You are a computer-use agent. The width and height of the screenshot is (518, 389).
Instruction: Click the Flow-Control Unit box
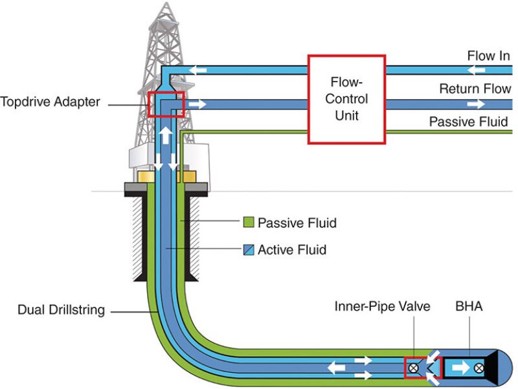pyautogui.click(x=346, y=98)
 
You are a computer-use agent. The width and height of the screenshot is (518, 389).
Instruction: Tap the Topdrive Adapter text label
pyautogui.click(x=51, y=102)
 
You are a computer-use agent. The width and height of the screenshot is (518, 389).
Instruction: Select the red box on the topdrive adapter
pyautogui.click(x=166, y=104)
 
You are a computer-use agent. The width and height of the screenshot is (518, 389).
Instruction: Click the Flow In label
pyautogui.click(x=488, y=56)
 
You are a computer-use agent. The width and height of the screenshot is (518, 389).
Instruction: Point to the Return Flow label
pyautogui.click(x=475, y=89)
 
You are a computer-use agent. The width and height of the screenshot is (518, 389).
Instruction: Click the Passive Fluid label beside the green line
pyautogui.click(x=468, y=122)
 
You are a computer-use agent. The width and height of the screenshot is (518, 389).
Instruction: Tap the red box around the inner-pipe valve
pyautogui.click(x=422, y=368)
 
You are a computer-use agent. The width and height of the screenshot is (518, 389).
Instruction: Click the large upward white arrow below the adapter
pyautogui.click(x=166, y=135)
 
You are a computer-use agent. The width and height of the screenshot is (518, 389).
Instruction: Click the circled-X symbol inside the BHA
pyautogui.click(x=479, y=368)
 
